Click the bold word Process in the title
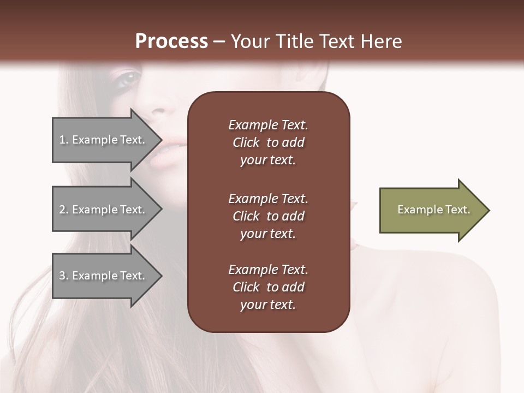(171, 41)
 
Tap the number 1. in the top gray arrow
(64, 140)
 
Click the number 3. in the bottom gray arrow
(64, 276)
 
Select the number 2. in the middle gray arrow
(64, 210)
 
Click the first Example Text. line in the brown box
(268, 125)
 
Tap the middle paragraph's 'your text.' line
(267, 234)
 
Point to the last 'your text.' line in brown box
(267, 305)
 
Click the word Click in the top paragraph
(246, 142)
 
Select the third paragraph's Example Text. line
(268, 270)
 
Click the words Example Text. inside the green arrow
(433, 210)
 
